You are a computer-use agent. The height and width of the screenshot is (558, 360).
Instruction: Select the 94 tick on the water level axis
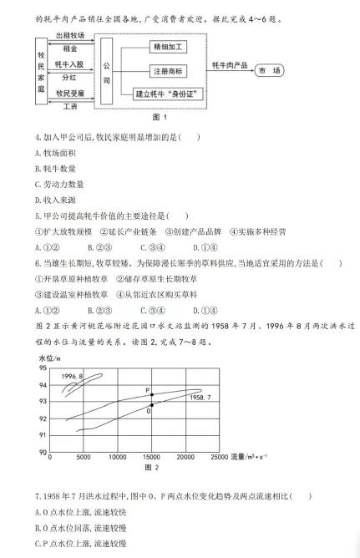(43, 383)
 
